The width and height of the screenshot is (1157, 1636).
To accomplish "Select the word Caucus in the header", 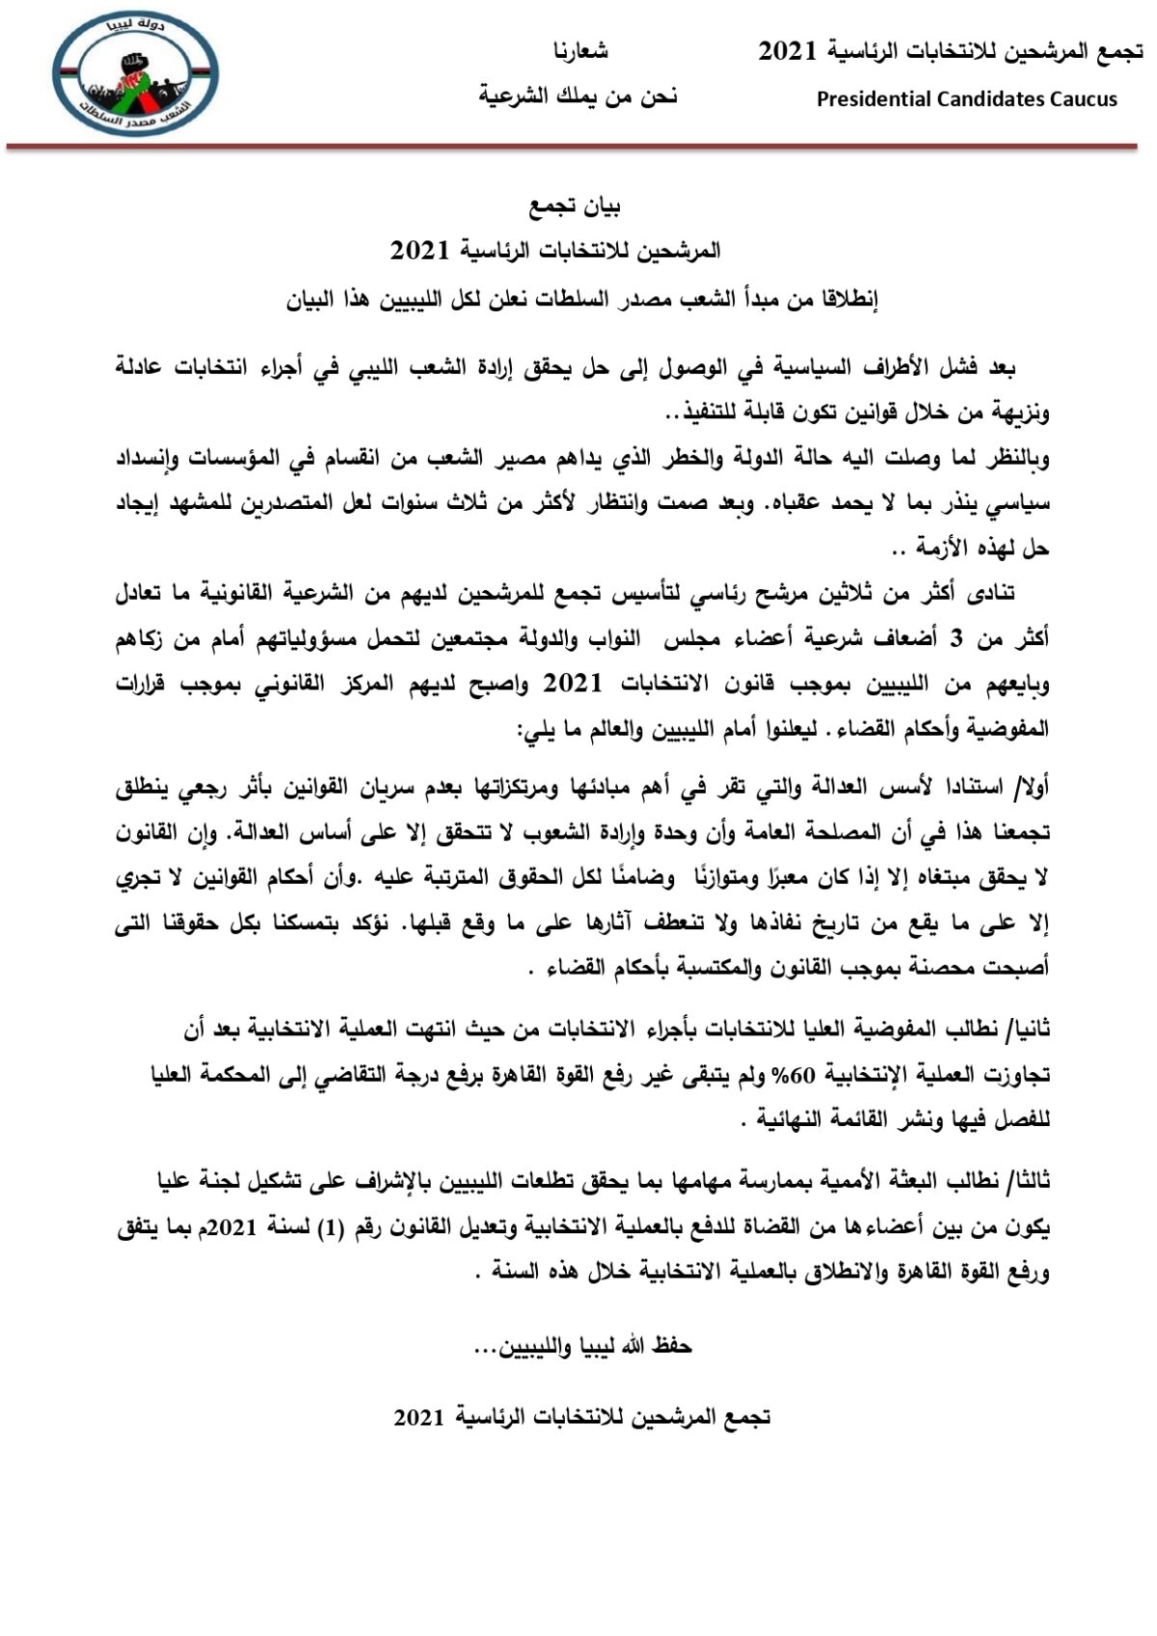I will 1083,99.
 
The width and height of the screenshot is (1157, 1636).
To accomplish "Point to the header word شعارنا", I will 580,51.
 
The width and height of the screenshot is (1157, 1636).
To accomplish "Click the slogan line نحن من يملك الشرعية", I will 578,96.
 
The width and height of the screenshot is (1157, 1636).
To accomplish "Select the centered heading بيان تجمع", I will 577,206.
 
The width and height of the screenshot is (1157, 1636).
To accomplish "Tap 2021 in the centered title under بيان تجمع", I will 420,252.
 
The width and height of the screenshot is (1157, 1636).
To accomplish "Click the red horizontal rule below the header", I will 571,148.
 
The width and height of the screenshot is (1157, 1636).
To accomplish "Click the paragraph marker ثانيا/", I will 1025,1030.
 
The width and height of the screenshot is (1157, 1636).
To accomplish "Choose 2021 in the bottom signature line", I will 417,1418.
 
